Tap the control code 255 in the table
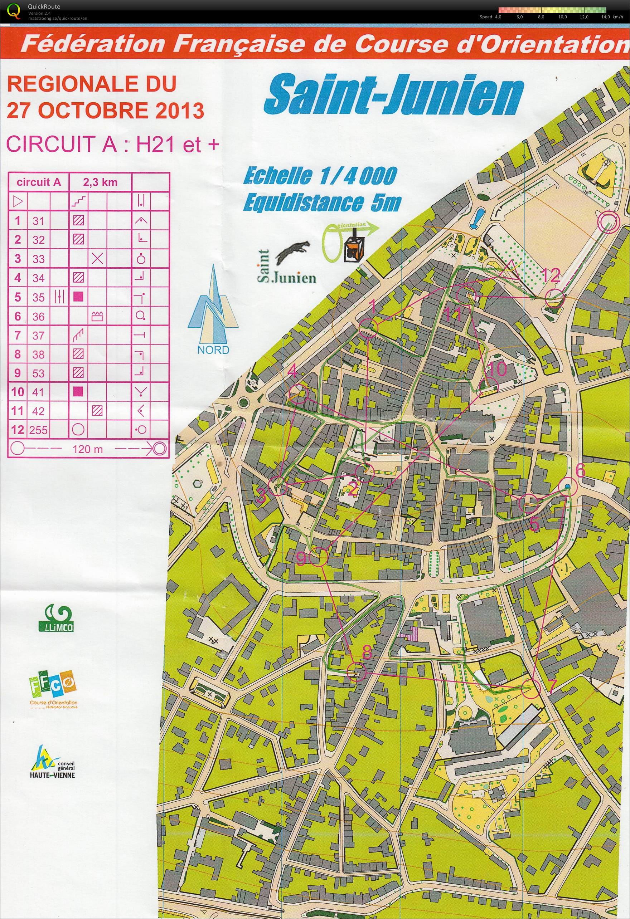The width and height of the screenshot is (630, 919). point(38,430)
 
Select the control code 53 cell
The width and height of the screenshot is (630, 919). point(38,373)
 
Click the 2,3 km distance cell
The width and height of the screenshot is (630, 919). point(100,182)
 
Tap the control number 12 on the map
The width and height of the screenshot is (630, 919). point(551,275)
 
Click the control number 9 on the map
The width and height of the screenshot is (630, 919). point(301,559)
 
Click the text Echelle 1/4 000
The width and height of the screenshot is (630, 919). point(320,176)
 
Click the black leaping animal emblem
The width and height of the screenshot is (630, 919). point(293,254)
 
